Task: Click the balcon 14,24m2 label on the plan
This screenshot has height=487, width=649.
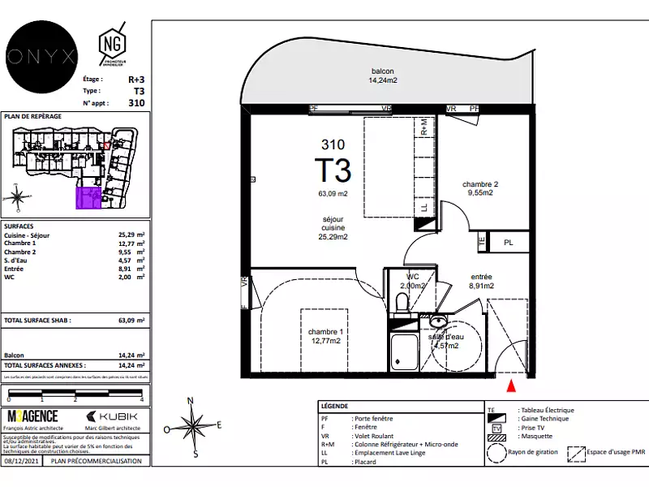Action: coord(383,75)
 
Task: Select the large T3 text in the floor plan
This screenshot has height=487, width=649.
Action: coord(333,170)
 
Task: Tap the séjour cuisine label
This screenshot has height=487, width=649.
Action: coord(333,228)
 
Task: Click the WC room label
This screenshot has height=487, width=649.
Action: coord(413,281)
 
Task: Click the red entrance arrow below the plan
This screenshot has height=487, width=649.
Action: coord(510,386)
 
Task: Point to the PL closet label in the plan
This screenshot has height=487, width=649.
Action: coord(509,243)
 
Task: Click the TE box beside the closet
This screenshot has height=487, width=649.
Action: coord(481,241)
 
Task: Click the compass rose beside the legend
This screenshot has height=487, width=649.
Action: coord(192,425)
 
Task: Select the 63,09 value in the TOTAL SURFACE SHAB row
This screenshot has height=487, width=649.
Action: coord(128,321)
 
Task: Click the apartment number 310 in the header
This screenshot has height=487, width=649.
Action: coord(136,103)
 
